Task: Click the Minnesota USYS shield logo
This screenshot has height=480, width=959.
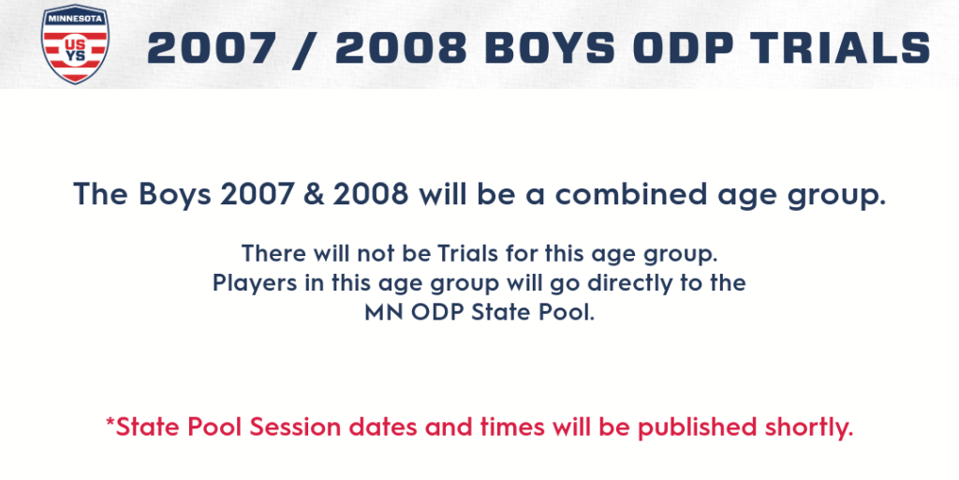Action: [x=75, y=44]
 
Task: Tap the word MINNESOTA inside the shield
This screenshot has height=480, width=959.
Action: [x=75, y=18]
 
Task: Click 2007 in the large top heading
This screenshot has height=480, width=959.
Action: [x=212, y=49]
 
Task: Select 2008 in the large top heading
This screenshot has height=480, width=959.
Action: [x=401, y=49]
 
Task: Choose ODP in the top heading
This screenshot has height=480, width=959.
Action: [x=682, y=49]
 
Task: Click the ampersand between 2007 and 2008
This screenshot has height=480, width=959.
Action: [x=317, y=194]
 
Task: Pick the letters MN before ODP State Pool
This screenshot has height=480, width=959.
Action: [x=384, y=313]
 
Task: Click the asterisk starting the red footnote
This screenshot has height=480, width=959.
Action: [x=111, y=421]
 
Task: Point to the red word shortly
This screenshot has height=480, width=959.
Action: [x=805, y=427]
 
